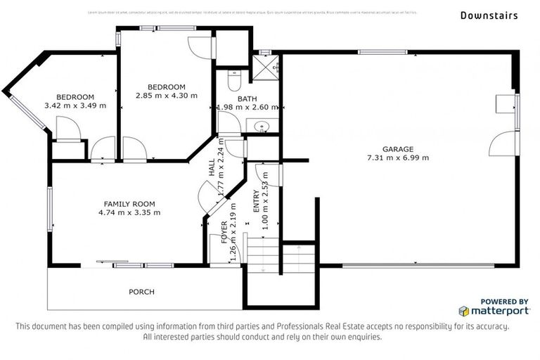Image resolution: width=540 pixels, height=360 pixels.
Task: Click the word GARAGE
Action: pos(397,148)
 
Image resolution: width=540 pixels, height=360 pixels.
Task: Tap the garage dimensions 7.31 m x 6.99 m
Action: pos(397,157)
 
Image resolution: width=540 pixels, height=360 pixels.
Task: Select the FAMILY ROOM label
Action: pos(129,204)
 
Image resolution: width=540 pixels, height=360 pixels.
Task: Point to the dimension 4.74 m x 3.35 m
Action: pos(129,212)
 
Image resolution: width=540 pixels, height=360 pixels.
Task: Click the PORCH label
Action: pos(141,292)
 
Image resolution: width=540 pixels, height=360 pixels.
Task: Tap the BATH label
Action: pos(247,98)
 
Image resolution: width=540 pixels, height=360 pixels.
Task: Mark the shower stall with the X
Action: pos(267,67)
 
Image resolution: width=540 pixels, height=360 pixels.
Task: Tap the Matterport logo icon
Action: pos(465,311)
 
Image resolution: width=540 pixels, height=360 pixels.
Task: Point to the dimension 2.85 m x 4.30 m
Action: pos(167,95)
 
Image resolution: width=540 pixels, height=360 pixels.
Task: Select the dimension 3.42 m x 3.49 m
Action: pos(75,105)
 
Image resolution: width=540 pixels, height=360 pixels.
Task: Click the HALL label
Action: pos(212,167)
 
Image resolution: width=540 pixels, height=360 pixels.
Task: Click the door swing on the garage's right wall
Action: pos(502,143)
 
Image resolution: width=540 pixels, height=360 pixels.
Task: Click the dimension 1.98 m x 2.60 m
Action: pos(247,108)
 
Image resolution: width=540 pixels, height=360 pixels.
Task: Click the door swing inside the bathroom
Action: pos(229,124)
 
